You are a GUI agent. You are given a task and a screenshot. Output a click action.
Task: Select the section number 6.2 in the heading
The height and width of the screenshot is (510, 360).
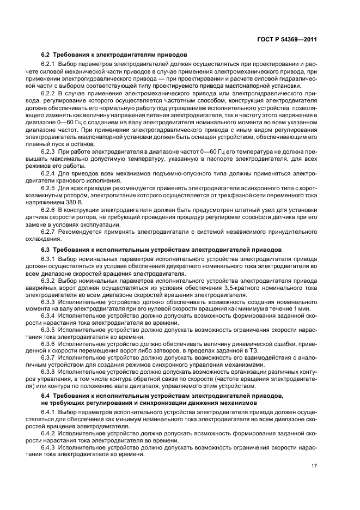pos(46,55)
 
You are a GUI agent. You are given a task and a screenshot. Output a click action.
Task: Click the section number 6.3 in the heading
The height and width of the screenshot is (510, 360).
pos(46,249)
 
